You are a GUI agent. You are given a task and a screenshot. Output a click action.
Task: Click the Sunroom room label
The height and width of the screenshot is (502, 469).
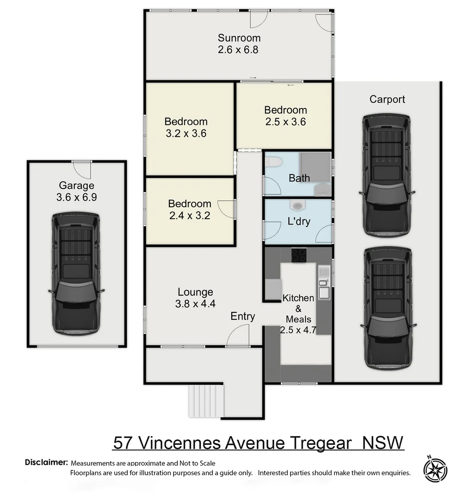pyautogui.click(x=239, y=38)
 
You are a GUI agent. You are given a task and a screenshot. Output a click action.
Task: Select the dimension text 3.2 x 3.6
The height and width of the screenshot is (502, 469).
pyautogui.click(x=186, y=133)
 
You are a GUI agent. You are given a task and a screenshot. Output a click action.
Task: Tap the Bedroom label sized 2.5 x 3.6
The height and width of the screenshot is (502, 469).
pyautogui.click(x=286, y=110)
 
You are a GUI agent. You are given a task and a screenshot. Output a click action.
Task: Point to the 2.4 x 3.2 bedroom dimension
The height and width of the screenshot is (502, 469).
pyautogui.click(x=189, y=215)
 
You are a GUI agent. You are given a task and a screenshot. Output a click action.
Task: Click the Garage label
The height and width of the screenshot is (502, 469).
pyautogui.click(x=76, y=185)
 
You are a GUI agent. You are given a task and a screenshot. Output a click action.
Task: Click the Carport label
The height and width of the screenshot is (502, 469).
pyautogui.click(x=387, y=99)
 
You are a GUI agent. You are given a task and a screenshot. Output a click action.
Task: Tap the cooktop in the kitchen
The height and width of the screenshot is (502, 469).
pyautogui.click(x=298, y=255)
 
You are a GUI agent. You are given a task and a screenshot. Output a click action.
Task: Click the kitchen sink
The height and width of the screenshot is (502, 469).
pyautogui.click(x=324, y=292)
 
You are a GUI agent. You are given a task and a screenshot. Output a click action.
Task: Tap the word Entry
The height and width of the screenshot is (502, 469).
pyautogui.click(x=243, y=317)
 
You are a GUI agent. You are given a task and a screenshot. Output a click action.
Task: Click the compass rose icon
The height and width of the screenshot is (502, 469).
pyautogui.click(x=435, y=469)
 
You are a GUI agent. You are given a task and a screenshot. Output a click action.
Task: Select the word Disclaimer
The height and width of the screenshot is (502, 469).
pyautogui.click(x=46, y=462)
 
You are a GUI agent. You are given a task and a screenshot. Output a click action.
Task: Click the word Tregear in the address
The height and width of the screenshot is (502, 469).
pyautogui.click(x=321, y=443)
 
